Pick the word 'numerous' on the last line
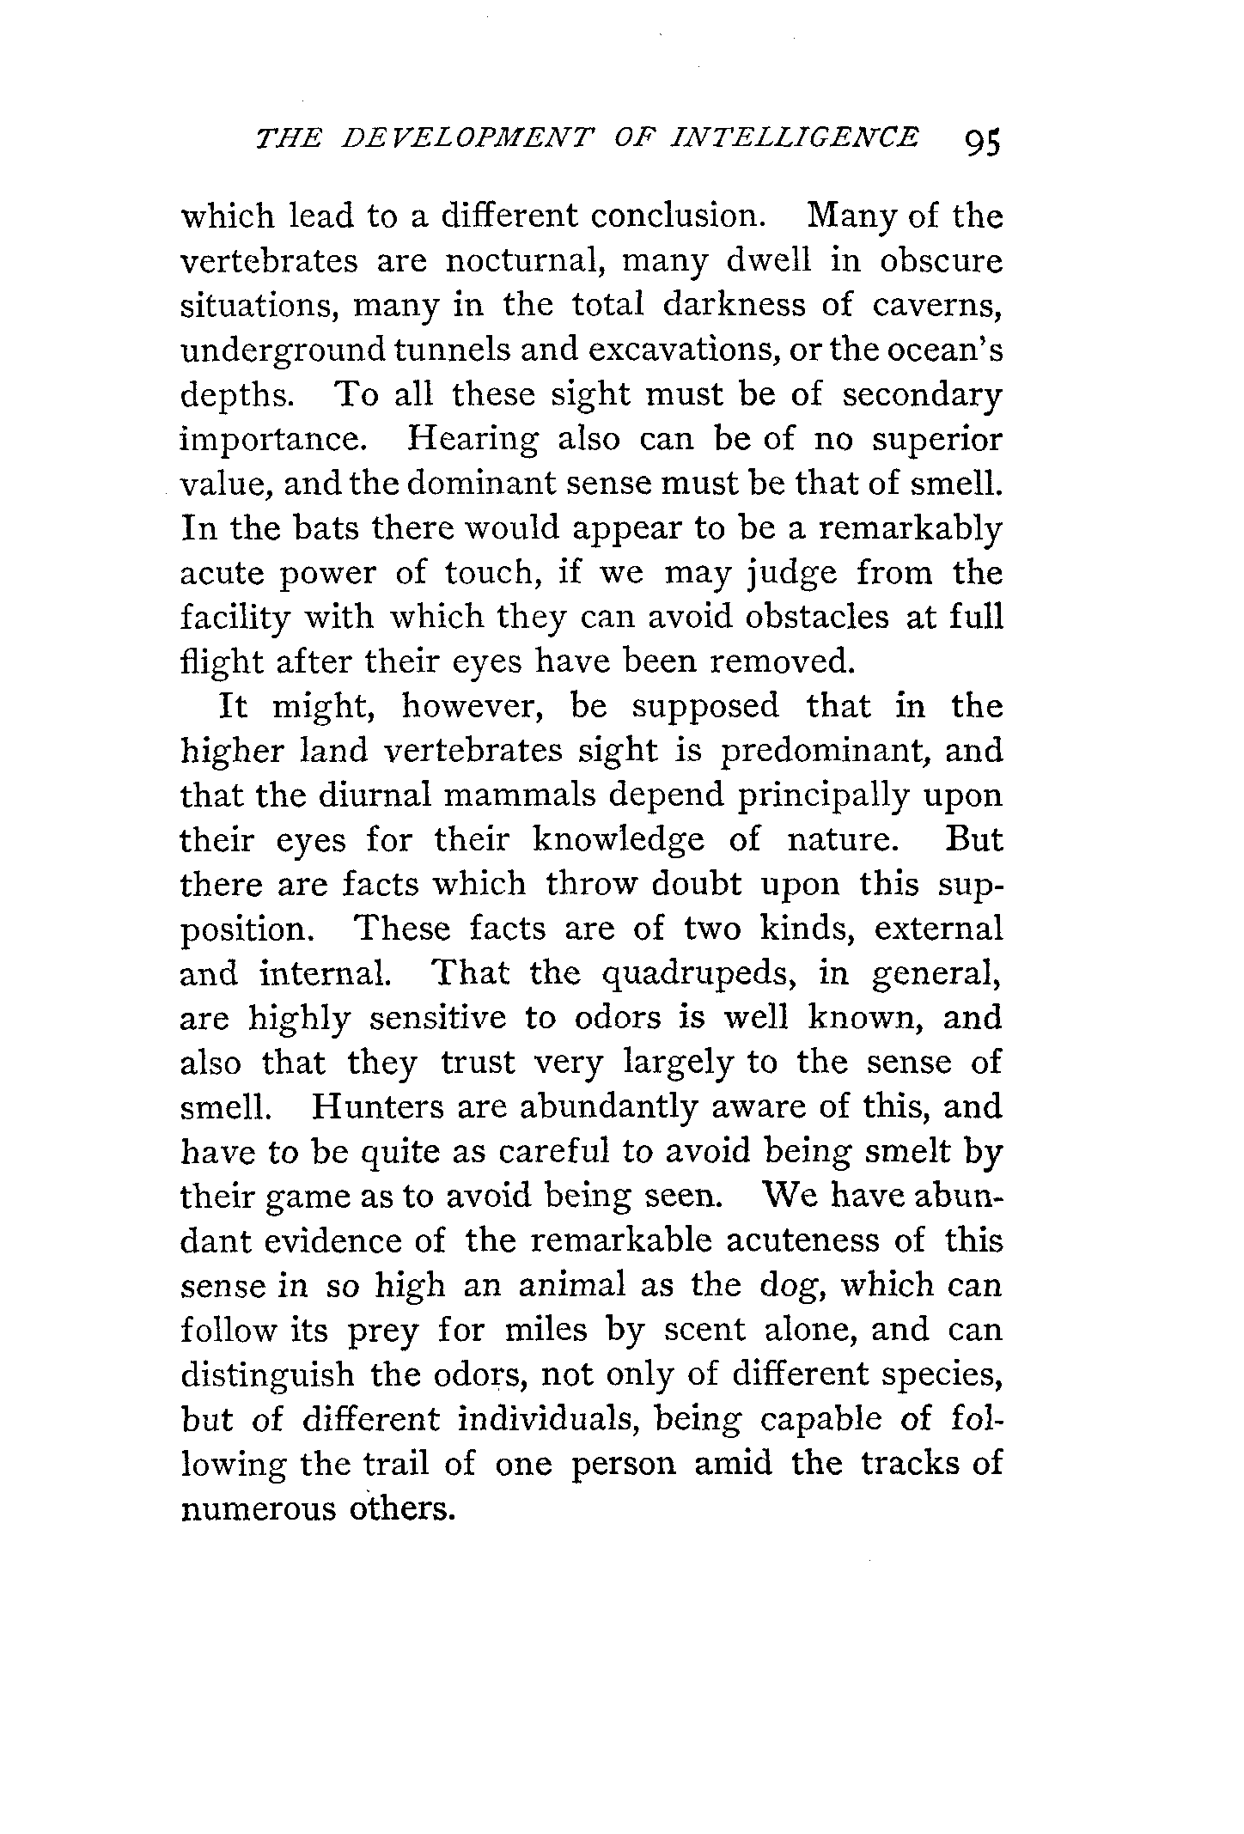point(253,1509)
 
